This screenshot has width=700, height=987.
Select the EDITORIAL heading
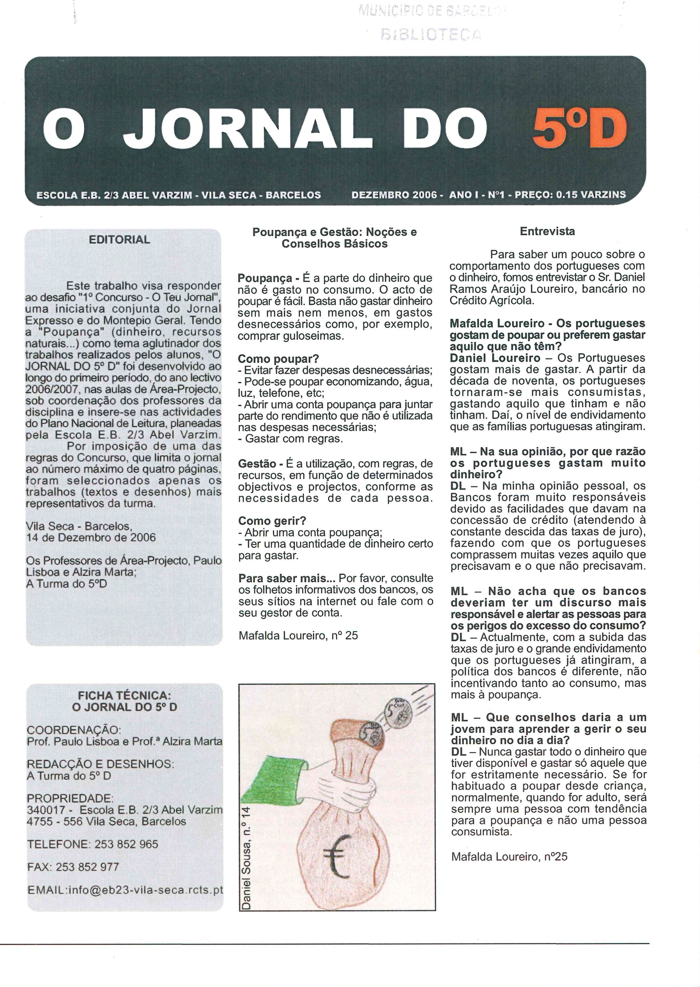point(119,240)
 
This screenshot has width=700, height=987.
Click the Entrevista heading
point(547,231)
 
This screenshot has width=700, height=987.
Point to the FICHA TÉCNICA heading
point(125,695)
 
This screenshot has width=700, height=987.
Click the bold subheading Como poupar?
point(278,359)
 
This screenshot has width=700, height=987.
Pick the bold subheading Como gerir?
point(272,521)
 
